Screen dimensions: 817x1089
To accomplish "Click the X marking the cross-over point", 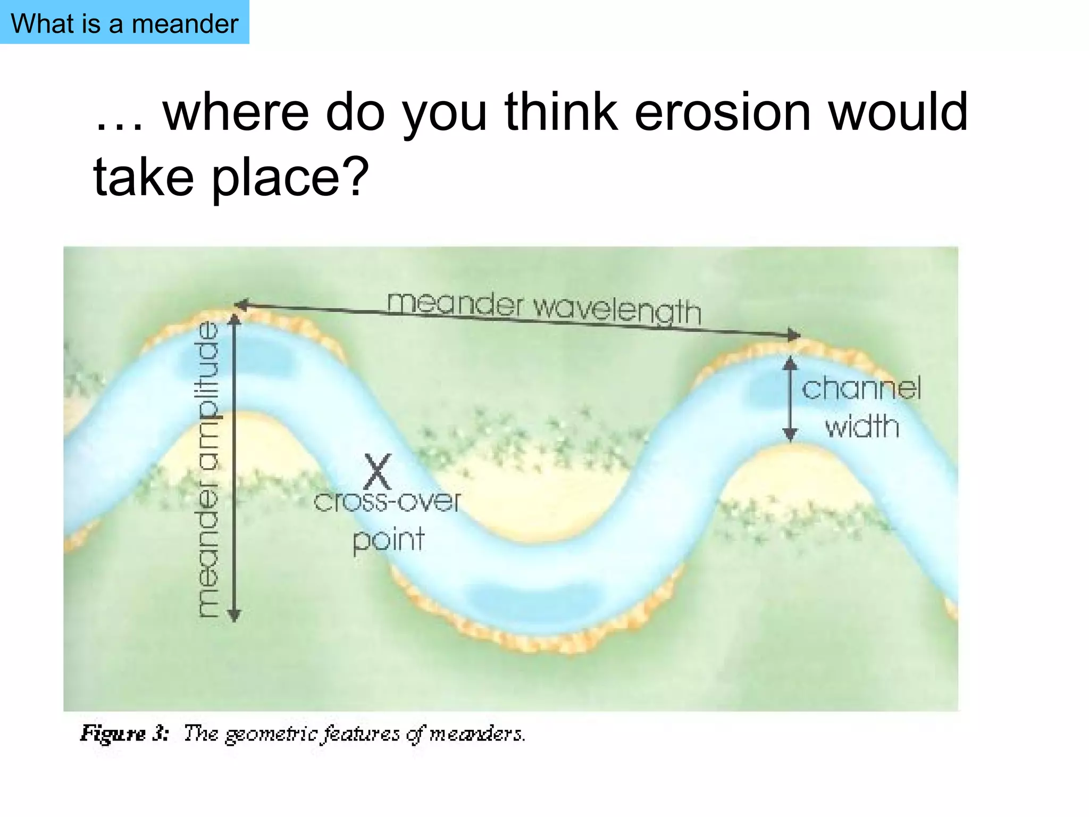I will tap(378, 471).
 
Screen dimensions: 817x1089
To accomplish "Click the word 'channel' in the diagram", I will tap(861, 388).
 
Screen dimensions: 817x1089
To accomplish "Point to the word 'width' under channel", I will tap(862, 427).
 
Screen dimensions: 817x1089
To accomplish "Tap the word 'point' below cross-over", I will tap(389, 540).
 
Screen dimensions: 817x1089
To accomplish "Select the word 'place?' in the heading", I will tap(290, 177).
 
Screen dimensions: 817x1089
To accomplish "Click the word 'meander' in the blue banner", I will tap(185, 24).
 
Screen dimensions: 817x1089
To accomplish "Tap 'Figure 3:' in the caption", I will tap(124, 733).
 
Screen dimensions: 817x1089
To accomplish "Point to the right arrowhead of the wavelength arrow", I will tap(794, 335).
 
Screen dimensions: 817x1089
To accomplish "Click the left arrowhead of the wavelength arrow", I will tap(241, 305).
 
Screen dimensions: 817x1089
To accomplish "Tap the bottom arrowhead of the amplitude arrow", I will tap(234, 615).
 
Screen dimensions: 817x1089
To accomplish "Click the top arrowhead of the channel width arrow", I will tap(791, 363).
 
